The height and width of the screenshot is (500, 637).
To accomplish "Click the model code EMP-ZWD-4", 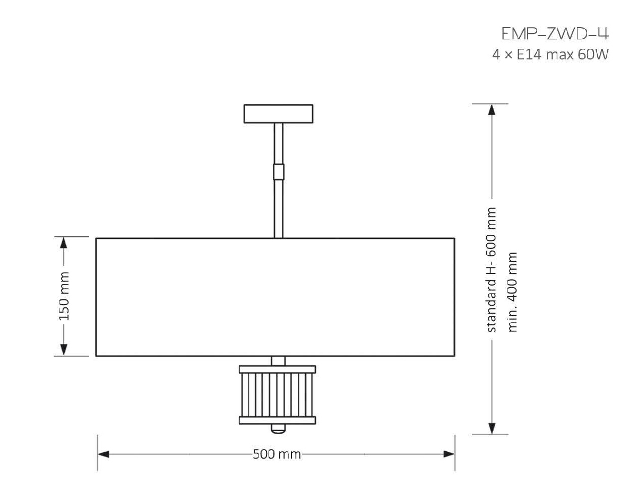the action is (555, 33).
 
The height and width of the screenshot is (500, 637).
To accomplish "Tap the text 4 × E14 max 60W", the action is (550, 55).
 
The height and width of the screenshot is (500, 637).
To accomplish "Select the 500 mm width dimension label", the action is (277, 454).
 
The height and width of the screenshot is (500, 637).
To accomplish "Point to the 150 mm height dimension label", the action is (64, 296).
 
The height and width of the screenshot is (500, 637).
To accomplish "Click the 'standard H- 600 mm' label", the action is (492, 270).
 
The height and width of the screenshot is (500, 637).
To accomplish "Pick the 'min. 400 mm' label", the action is (512, 292).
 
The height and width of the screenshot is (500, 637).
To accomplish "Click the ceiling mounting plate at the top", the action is (279, 114).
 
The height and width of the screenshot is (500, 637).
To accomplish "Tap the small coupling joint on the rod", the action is (279, 172).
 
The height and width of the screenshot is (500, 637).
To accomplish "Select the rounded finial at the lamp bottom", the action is (278, 428).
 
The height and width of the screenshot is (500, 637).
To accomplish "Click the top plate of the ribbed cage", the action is (277, 369).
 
